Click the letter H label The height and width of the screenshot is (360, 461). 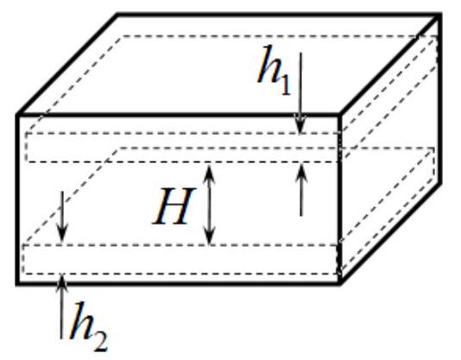click(x=174, y=206)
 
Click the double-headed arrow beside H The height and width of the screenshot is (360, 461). click(x=209, y=205)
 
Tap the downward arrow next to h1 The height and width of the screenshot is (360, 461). click(x=300, y=93)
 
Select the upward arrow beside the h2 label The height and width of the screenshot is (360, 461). click(x=61, y=306)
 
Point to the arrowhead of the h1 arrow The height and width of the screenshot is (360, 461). click(x=300, y=125)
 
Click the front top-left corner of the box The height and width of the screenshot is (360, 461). click(x=17, y=115)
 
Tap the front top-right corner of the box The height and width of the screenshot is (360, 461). click(x=340, y=114)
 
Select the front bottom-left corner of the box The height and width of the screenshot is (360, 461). click(x=17, y=283)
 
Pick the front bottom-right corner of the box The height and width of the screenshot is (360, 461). click(x=340, y=283)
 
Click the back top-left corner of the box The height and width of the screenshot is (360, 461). click(x=117, y=15)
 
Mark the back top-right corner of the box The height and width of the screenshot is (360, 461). click(x=439, y=15)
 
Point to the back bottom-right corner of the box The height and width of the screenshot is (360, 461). click(x=439, y=184)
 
